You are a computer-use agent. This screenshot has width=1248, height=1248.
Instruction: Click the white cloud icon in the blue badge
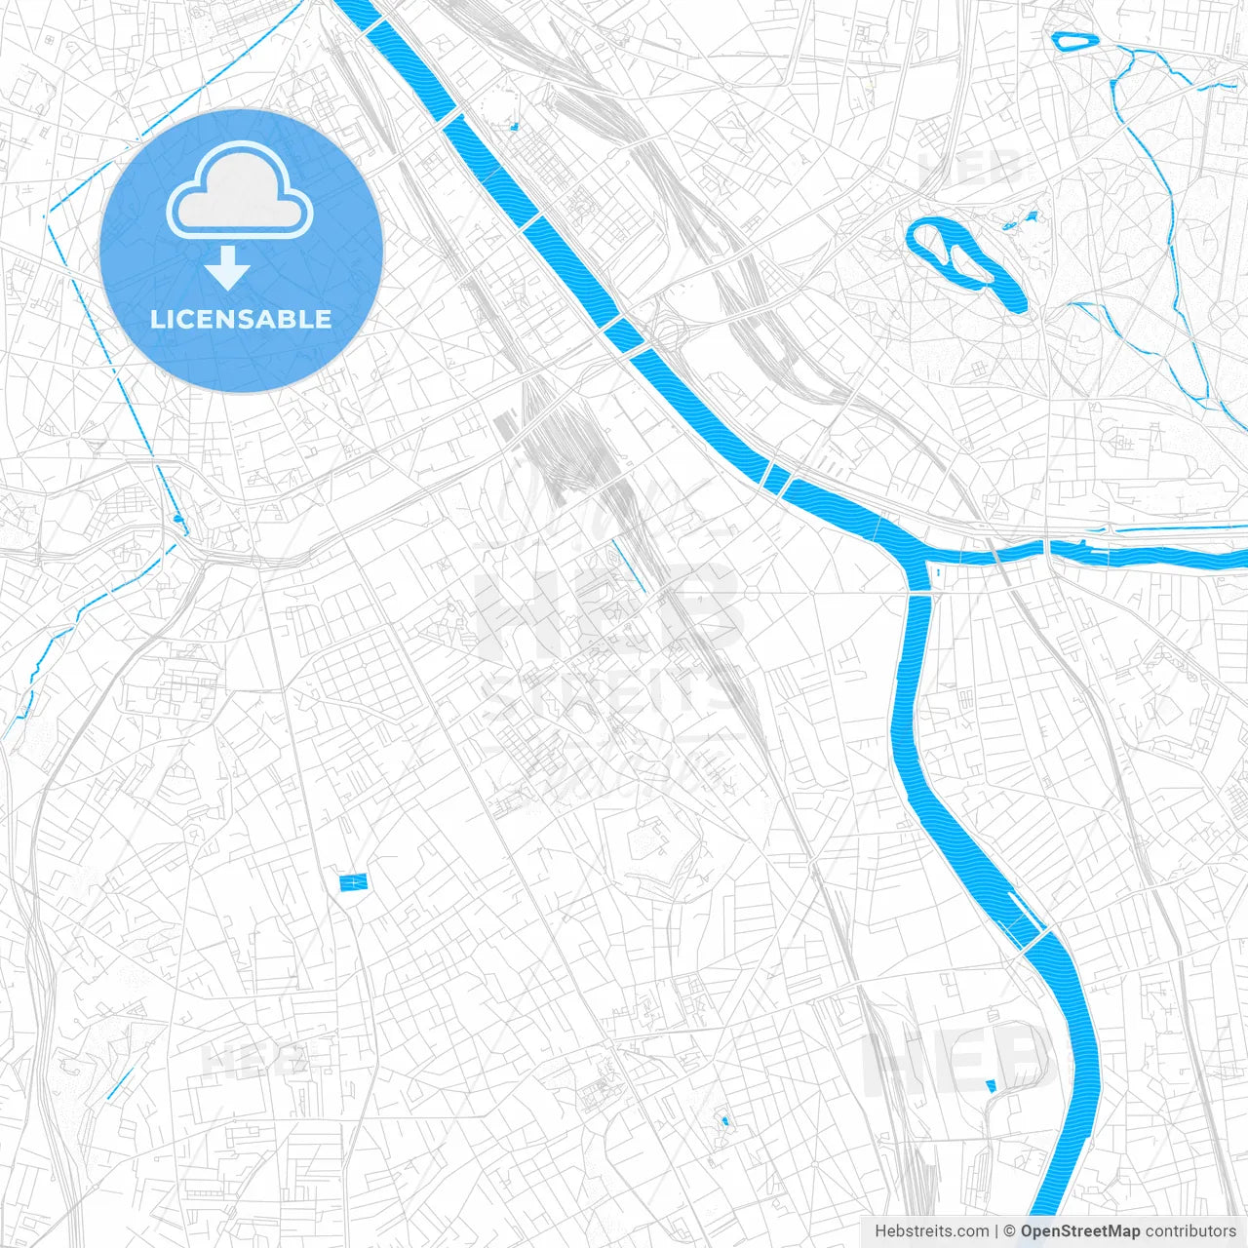(x=240, y=191)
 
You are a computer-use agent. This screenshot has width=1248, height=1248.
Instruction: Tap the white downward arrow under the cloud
(x=228, y=268)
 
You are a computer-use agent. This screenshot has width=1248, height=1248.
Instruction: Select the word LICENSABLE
(x=241, y=319)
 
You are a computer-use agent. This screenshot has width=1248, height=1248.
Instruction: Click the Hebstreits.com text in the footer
(x=931, y=1231)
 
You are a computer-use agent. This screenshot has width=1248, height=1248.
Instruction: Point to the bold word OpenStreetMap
(x=1080, y=1231)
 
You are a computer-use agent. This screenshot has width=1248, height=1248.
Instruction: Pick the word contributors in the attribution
(x=1190, y=1231)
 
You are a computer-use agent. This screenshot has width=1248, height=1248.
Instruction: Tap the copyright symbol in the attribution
(x=1010, y=1231)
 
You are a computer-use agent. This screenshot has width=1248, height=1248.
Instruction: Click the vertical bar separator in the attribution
(x=997, y=1231)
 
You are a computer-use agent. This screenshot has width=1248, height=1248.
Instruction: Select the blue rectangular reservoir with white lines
(x=354, y=882)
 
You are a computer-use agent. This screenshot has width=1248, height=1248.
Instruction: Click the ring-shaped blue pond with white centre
(x=1075, y=41)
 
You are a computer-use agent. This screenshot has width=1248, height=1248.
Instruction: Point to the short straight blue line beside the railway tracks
(x=629, y=565)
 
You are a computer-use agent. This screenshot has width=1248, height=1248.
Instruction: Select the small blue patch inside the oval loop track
(x=992, y=1086)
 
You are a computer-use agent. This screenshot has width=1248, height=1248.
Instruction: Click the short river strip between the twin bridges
(x=778, y=478)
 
